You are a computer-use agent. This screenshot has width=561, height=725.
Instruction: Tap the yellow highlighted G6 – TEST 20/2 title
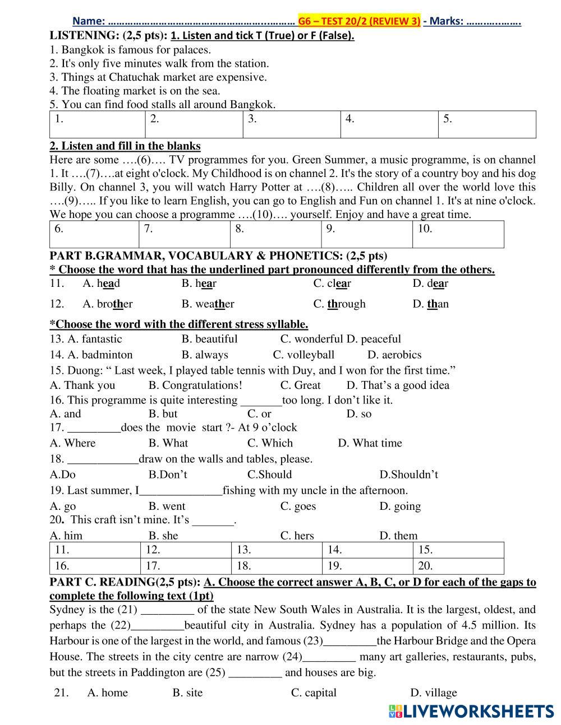[359, 21]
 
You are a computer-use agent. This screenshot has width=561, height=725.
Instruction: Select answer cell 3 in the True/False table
[291, 124]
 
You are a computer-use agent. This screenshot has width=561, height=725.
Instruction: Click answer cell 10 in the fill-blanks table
[458, 234]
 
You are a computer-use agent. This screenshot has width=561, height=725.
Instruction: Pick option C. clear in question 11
[332, 283]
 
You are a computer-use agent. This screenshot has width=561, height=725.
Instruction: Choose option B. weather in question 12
[208, 304]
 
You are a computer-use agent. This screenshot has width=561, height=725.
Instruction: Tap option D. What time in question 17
[370, 443]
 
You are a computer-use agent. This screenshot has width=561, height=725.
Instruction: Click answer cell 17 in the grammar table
[185, 565]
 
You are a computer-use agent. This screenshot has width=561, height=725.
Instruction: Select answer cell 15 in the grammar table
[458, 550]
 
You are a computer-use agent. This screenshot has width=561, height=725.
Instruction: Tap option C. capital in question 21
[314, 693]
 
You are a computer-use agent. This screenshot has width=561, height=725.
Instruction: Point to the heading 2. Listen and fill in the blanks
[125, 146]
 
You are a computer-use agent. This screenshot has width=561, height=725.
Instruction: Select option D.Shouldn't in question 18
[408, 475]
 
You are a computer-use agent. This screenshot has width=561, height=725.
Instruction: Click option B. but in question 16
[163, 414]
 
